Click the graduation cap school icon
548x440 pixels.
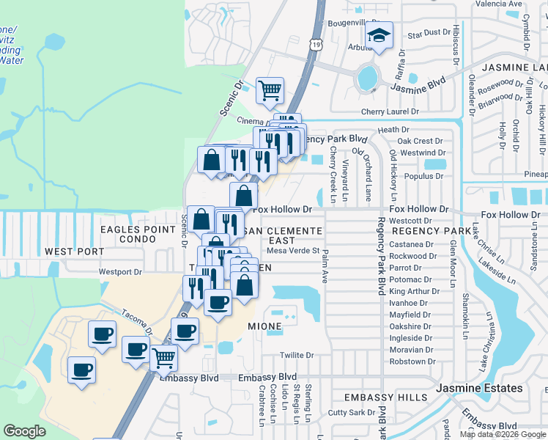[x=379, y=35]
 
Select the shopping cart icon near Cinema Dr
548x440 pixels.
[x=270, y=91]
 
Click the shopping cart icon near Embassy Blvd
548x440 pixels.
[x=164, y=359]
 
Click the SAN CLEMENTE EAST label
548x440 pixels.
[x=282, y=235]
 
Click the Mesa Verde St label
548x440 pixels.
[x=293, y=250]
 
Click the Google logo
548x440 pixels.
[x=25, y=431]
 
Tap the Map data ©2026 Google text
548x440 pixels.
[x=503, y=434]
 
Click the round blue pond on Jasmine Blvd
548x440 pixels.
[x=366, y=76]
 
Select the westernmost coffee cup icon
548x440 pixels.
[x=82, y=370]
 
